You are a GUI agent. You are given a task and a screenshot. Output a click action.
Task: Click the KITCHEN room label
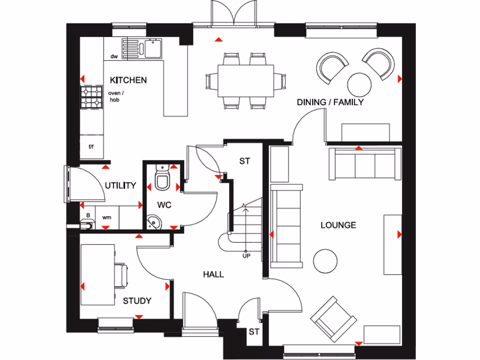click(x=128, y=80)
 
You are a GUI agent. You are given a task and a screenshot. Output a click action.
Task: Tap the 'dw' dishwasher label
click(x=113, y=57)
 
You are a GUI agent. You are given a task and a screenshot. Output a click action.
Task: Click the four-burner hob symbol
click(x=92, y=97)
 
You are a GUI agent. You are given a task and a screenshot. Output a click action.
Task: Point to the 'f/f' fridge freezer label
click(x=91, y=147)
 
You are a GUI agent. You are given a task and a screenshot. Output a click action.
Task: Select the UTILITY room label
click(x=120, y=186)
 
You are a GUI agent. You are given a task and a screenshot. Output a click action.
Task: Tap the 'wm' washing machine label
click(x=107, y=217)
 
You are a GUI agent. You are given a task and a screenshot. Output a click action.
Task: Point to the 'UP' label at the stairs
click(x=246, y=256)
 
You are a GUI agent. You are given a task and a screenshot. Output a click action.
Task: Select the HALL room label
click(x=213, y=274)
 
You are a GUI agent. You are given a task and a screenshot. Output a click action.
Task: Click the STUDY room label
click(x=137, y=300)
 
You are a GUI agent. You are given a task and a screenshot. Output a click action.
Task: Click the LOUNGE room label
click(x=338, y=225)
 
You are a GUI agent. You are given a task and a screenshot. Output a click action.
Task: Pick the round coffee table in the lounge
click(x=325, y=261)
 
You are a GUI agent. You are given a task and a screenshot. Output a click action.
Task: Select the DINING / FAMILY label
click(x=330, y=102)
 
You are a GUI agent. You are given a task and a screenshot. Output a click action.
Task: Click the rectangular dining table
click(x=246, y=80)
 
